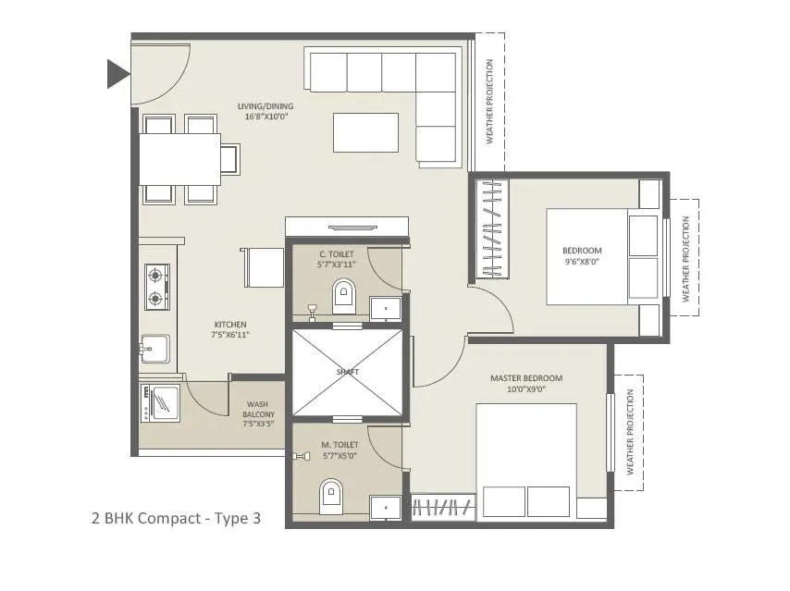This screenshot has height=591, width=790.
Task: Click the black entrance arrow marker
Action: tap(117, 73)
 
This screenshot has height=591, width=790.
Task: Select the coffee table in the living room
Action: tap(365, 132)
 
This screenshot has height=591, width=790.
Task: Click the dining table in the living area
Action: tap(179, 159)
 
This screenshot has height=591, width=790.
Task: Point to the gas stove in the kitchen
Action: tap(156, 286)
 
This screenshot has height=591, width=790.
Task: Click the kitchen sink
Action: tap(154, 351)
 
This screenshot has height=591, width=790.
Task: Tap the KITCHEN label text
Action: tap(230, 325)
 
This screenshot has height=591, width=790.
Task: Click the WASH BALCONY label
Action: tap(258, 414)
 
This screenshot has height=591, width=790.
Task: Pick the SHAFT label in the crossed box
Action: tap(348, 372)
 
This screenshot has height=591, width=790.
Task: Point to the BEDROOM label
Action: tap(582, 251)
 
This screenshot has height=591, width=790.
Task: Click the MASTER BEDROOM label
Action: tap(525, 378)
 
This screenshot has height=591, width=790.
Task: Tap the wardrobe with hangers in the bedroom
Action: tap(491, 228)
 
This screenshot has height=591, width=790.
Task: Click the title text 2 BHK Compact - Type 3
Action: tap(176, 518)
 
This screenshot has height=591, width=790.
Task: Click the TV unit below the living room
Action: tap(347, 227)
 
